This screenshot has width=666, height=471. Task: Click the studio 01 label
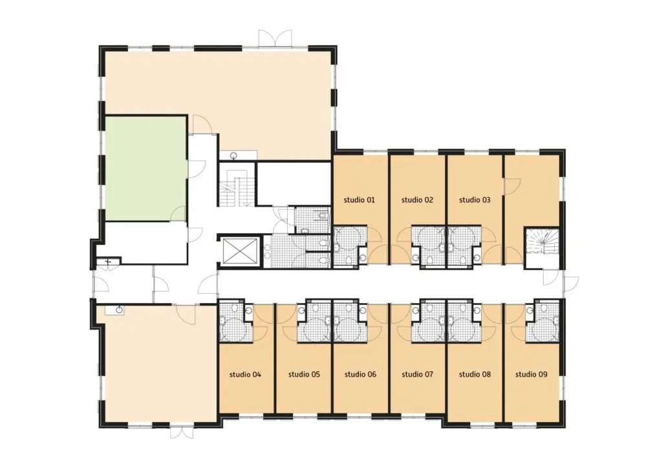360,200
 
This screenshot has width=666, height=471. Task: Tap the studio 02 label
417,200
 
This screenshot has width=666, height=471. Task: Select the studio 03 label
475,200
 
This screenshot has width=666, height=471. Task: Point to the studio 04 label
245,374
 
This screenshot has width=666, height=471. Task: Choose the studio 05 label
304,374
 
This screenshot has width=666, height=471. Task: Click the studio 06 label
360,374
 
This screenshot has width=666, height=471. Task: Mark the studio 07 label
417,374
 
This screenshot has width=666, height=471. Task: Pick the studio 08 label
475,374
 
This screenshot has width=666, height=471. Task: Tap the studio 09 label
531,374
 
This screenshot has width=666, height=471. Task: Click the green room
145,169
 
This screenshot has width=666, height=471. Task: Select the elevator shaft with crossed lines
240,251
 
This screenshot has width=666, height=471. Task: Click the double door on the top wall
275,38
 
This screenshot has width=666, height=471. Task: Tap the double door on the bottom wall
182,432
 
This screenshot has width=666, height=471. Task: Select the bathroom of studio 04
236,322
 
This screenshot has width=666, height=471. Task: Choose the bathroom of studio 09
542,322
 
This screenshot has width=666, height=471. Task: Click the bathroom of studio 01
350,247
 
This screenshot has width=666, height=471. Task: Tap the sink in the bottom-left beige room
120,310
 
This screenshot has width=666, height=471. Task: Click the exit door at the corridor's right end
571,283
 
